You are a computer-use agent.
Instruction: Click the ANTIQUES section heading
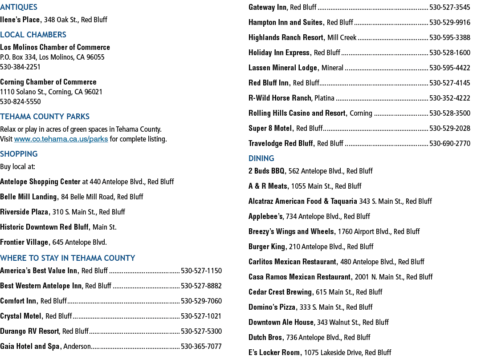tap(19, 7)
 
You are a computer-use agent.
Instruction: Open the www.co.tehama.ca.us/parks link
tap(61, 139)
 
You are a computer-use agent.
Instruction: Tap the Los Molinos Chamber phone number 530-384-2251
tap(20, 67)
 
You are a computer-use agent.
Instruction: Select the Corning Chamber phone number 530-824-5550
tap(20, 102)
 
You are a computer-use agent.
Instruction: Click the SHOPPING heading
tap(19, 154)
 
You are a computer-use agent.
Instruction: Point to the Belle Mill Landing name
tap(29, 197)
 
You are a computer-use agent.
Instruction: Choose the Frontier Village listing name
tap(24, 243)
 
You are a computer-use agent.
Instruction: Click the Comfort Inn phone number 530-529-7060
tap(201, 301)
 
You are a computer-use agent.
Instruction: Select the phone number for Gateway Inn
tap(450, 8)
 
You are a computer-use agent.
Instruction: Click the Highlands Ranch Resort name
tap(286, 37)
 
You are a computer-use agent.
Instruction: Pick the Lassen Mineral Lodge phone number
tap(450, 68)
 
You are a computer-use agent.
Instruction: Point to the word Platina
tap(324, 98)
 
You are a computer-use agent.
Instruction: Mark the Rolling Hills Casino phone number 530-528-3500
tap(450, 113)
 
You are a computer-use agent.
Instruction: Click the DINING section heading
tap(261, 158)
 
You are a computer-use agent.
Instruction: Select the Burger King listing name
tap(267, 247)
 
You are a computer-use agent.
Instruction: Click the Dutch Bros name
tap(265, 337)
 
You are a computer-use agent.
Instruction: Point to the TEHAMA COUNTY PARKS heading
tap(45, 117)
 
